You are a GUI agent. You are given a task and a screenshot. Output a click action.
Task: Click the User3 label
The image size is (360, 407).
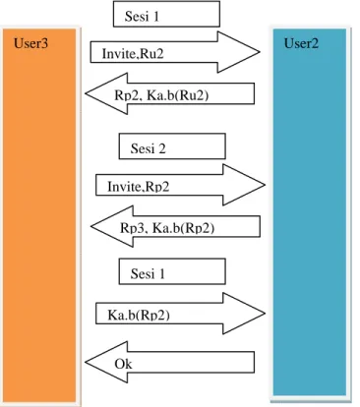click(30, 43)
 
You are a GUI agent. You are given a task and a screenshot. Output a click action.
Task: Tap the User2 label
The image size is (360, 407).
click(301, 43)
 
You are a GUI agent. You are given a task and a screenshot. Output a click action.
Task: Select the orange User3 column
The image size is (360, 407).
click(39, 215)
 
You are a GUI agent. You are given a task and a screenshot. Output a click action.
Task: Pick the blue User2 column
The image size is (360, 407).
click(310, 212)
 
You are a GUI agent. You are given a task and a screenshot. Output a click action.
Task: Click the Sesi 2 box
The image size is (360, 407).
click(172, 146)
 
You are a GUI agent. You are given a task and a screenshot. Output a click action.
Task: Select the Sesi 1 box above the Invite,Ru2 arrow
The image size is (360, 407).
click(166, 14)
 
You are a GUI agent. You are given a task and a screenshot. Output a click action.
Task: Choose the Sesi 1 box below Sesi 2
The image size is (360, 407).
click(172, 271)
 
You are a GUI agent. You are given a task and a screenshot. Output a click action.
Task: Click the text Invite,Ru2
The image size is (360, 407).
click(133, 53)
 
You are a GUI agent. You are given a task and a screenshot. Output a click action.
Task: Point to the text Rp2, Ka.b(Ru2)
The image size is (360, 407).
click(161, 95)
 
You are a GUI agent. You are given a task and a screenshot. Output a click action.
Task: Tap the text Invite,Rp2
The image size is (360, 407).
click(139, 187)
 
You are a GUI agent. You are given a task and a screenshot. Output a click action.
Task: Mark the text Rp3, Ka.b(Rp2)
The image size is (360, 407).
click(167, 228)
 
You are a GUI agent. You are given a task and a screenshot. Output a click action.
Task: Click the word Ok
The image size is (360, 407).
click(123, 364)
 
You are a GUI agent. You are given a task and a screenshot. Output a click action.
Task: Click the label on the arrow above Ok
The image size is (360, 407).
click(139, 315)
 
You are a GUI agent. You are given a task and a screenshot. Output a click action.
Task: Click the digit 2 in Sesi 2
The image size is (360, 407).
click(162, 148)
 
